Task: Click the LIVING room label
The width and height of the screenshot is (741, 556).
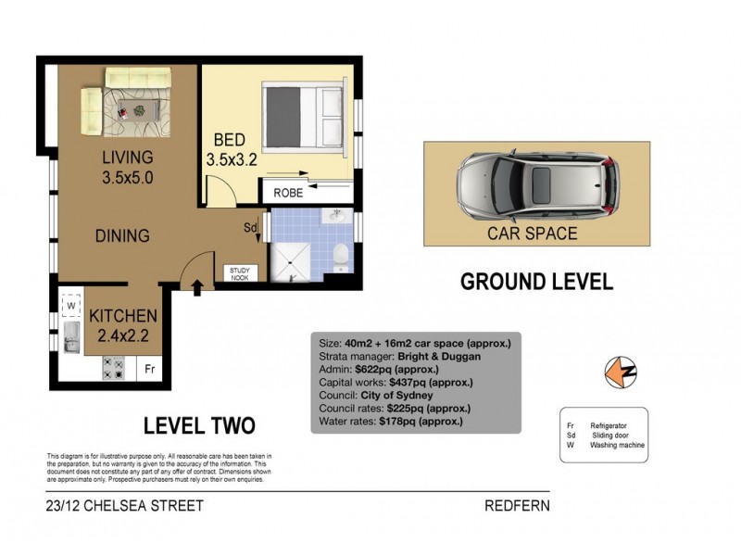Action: [x=128, y=157]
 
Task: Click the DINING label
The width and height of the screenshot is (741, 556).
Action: [x=122, y=236]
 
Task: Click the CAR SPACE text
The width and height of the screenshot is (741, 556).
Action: [x=533, y=234]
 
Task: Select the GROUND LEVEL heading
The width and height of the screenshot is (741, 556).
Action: [x=536, y=282]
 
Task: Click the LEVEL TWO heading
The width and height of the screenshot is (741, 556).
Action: [x=199, y=426]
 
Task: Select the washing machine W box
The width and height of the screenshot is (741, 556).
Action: [x=69, y=303]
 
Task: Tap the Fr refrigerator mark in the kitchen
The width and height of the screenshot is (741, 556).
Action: [x=149, y=369]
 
